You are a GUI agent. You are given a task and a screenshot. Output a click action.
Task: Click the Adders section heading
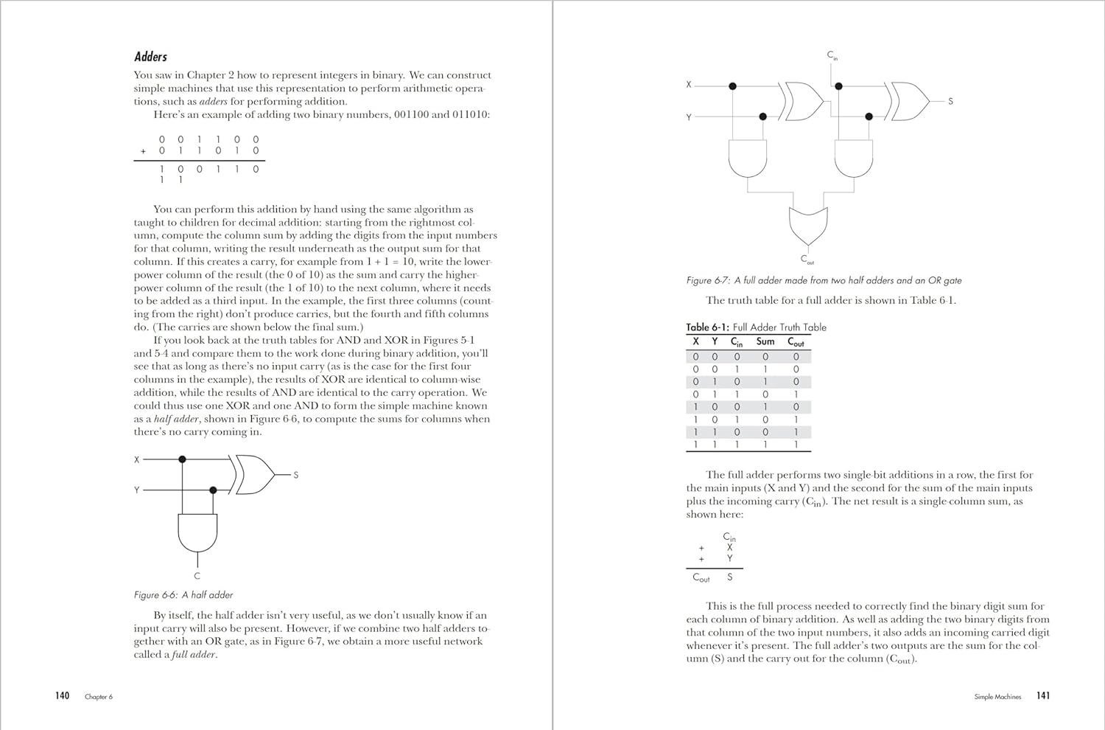coord(150,57)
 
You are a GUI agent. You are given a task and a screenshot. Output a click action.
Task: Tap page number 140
coord(62,695)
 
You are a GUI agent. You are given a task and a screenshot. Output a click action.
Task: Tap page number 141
coord(1043,695)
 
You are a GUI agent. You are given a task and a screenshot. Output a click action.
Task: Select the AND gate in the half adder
coord(197,532)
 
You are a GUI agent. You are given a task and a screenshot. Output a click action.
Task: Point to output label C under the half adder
coord(197,576)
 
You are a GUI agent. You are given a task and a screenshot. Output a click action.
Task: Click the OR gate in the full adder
coord(808,225)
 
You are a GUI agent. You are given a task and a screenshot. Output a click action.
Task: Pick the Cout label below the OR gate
coord(807,260)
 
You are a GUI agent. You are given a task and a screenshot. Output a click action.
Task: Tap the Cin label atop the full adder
coord(832,55)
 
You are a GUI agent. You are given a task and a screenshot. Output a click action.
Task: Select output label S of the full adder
coord(950,101)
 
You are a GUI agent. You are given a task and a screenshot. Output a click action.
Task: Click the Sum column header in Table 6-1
coord(765,341)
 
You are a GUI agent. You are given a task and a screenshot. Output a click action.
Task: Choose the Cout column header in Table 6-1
coord(796,342)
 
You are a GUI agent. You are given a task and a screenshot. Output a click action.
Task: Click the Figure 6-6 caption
coord(183,595)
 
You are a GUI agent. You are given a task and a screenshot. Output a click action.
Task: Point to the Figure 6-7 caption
coord(824,280)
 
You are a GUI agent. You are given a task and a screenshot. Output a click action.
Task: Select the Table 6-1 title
coord(756,327)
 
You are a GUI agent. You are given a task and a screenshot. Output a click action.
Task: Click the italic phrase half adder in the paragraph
coord(176,419)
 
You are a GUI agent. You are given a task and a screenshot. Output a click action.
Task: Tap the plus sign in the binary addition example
coord(144,151)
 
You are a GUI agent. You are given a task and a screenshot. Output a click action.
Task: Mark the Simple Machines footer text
coord(997,697)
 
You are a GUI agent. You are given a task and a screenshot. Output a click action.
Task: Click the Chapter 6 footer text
coord(99,697)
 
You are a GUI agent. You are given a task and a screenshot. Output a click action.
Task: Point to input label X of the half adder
coord(136,459)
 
